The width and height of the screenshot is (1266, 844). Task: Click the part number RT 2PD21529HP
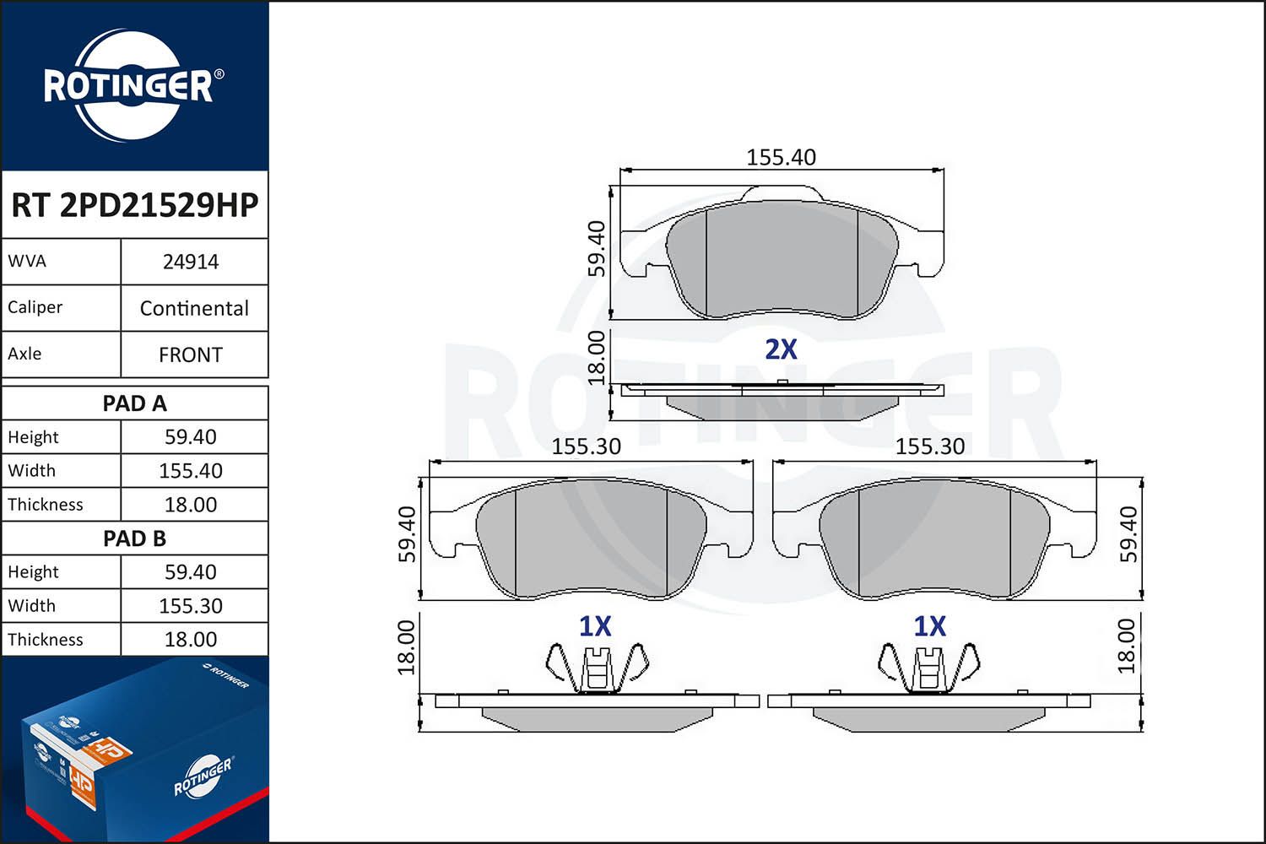point(134,204)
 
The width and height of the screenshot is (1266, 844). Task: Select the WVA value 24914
point(191,262)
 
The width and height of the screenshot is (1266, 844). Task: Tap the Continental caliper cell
point(194,308)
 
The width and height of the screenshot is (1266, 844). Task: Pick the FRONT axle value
point(191,354)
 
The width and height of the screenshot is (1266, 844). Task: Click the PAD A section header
point(134,403)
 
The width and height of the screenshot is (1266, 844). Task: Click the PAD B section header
point(134,538)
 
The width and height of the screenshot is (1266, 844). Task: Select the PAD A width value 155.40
point(191,470)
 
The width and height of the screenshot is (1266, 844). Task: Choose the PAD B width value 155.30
point(191,605)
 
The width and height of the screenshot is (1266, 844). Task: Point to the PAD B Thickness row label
point(46,640)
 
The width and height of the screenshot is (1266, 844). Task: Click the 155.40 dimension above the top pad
point(781,157)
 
